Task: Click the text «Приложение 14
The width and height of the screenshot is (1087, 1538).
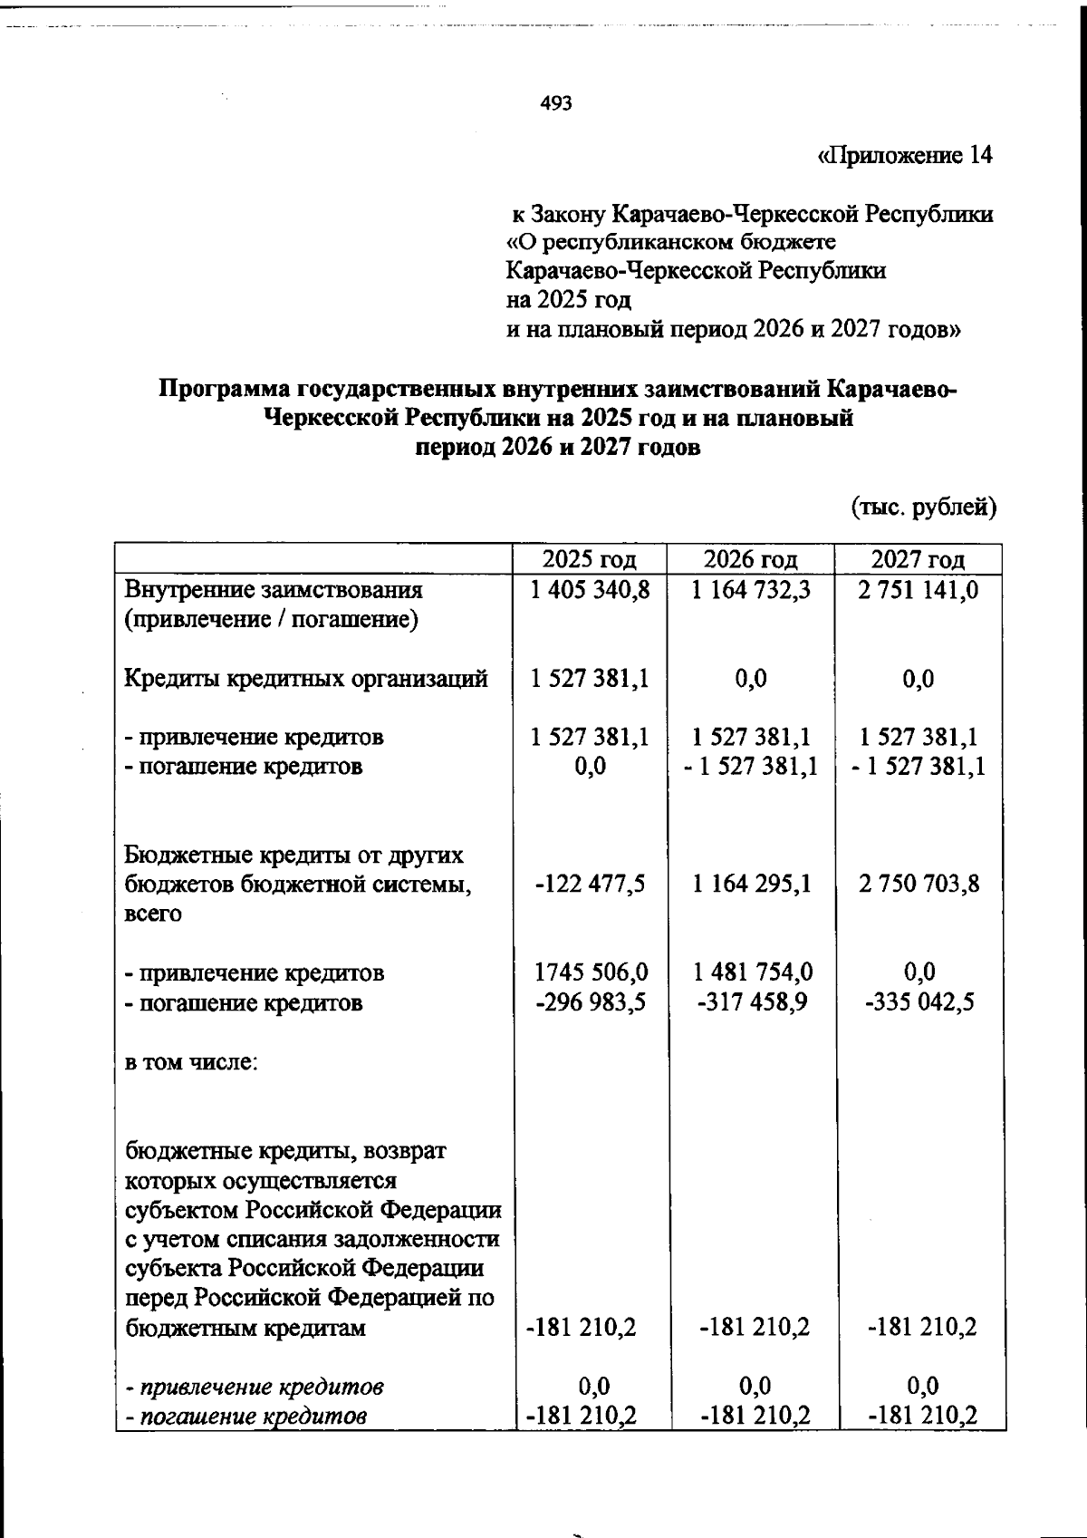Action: click(905, 156)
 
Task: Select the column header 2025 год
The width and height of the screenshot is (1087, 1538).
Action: click(590, 559)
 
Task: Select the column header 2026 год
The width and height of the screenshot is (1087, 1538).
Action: click(751, 559)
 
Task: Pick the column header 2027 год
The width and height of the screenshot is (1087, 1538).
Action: click(919, 559)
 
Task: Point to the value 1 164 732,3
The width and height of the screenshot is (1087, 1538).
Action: click(751, 590)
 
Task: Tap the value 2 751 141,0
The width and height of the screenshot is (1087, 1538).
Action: click(919, 590)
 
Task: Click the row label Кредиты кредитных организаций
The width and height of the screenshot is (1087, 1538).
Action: click(306, 679)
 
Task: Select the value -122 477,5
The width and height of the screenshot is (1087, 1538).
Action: click(590, 884)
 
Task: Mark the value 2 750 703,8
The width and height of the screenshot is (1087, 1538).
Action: click(919, 884)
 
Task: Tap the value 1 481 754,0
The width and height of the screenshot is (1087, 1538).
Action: click(752, 972)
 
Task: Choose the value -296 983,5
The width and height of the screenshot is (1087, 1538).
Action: click(590, 1002)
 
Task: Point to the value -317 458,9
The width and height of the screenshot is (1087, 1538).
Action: click(752, 1002)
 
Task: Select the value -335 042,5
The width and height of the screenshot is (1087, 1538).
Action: click(919, 1002)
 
